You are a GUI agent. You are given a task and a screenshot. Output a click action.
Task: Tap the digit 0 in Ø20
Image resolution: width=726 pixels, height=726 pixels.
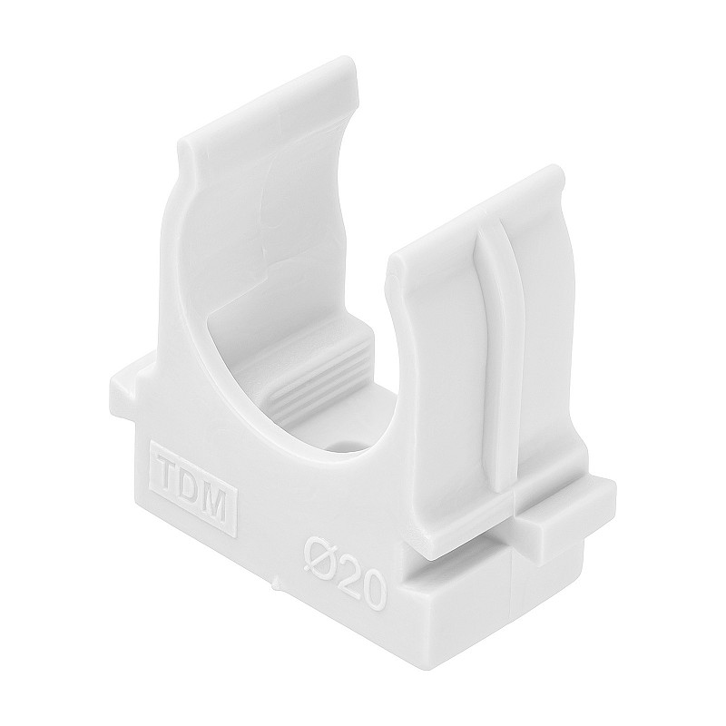coord(373,593)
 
